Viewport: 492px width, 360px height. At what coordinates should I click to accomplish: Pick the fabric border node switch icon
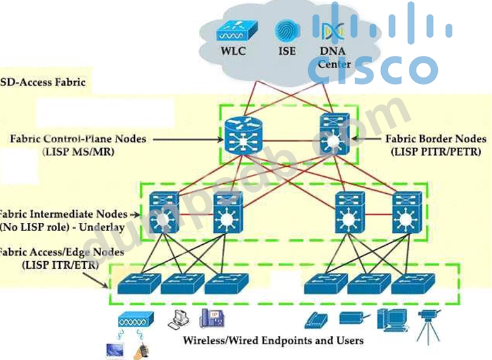point(330,135)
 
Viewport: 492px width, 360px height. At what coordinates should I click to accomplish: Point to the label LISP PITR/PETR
point(436,152)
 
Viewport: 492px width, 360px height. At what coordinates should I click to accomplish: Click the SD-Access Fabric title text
point(43,82)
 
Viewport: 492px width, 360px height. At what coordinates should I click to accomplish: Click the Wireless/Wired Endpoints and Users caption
point(273,340)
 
